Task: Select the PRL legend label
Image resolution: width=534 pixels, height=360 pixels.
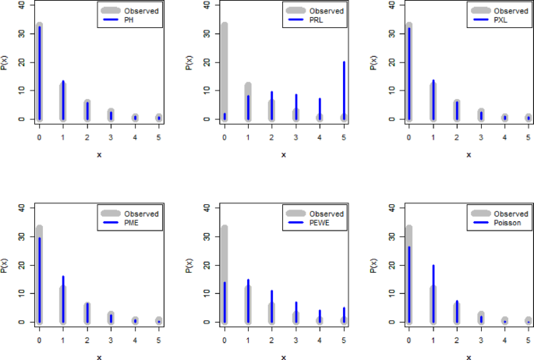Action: coord(316,21)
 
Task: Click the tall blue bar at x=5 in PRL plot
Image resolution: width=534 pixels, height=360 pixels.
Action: coord(345,90)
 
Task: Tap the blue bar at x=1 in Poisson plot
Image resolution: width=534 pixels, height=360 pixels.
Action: coord(433,293)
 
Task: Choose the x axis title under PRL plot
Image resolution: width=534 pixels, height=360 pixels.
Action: coord(285,154)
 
